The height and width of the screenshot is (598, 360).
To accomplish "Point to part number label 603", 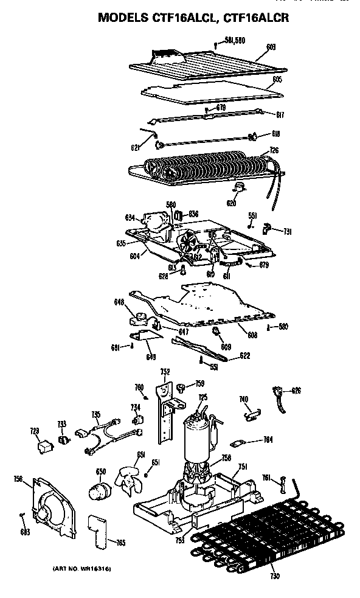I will click(x=271, y=46).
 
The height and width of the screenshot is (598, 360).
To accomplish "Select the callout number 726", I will click(x=274, y=150).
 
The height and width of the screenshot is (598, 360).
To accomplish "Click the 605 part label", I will click(x=277, y=79).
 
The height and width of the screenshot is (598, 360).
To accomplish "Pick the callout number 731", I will click(x=288, y=231).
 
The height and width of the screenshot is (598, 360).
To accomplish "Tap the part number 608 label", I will click(x=252, y=335).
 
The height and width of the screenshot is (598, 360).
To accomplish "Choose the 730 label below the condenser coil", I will click(x=275, y=575).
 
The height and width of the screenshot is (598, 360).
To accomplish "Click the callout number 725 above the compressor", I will click(x=202, y=397).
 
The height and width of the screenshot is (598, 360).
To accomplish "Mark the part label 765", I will click(x=121, y=541).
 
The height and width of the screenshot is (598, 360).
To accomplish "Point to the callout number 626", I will click(x=296, y=390).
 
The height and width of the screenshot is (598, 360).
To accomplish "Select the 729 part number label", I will click(x=34, y=431).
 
